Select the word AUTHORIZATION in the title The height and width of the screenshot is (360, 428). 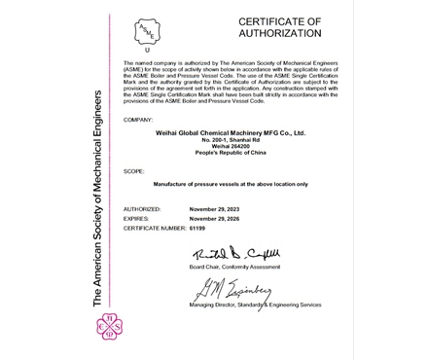click(279, 33)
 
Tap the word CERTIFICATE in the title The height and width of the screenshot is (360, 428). click(279, 19)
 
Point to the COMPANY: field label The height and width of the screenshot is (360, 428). click(139, 119)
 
